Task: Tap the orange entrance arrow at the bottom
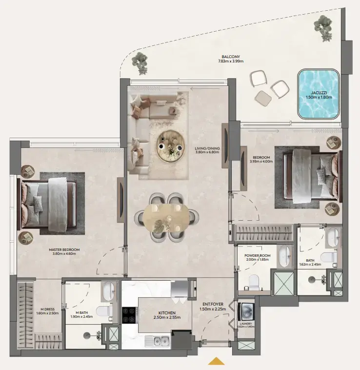point(216,361)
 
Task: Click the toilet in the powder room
point(253,282)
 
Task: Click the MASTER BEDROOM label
point(64,249)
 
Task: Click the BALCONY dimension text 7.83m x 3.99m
point(231,62)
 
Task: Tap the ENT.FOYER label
point(212,305)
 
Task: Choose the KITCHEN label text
point(166,313)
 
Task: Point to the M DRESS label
point(47,309)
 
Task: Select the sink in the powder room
point(284,256)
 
